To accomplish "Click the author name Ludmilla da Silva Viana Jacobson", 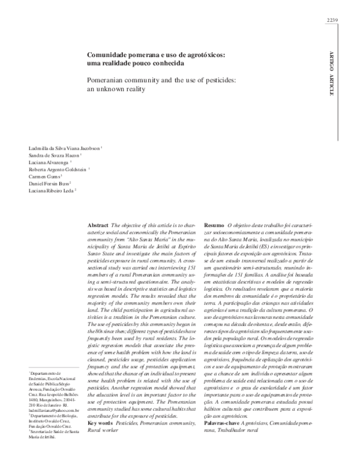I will tap(64, 147).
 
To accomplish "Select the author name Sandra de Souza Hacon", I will tap(55, 155).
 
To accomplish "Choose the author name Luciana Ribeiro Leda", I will tap(52, 191).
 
